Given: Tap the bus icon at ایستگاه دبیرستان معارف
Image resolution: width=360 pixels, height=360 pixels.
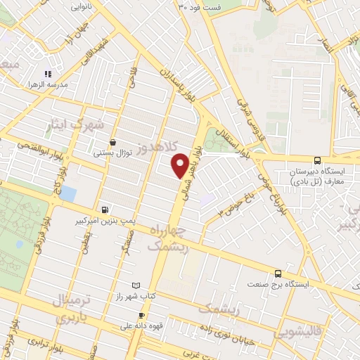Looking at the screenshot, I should pyautogui.click(x=318, y=160).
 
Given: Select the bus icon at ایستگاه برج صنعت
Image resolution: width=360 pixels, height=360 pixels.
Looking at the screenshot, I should pyautogui.click(x=278, y=274).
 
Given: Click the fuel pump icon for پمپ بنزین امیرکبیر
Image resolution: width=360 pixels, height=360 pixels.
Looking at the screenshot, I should pyautogui.click(x=105, y=209).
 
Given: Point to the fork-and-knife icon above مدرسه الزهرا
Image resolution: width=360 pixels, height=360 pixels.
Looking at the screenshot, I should pyautogui.click(x=48, y=73).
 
